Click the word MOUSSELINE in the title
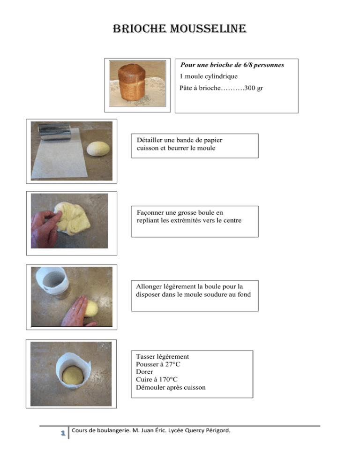tap(208, 29)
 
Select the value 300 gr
tap(254, 88)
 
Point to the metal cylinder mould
tap(54, 132)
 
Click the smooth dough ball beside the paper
tap(98, 149)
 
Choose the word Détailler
tap(150, 140)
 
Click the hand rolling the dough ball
tap(76, 312)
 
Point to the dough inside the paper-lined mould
tap(73, 376)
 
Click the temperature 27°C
tap(173, 364)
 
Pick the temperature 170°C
tap(168, 380)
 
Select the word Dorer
tap(144, 372)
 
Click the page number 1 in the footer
tap(63, 433)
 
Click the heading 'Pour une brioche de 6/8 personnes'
tap(232, 65)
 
